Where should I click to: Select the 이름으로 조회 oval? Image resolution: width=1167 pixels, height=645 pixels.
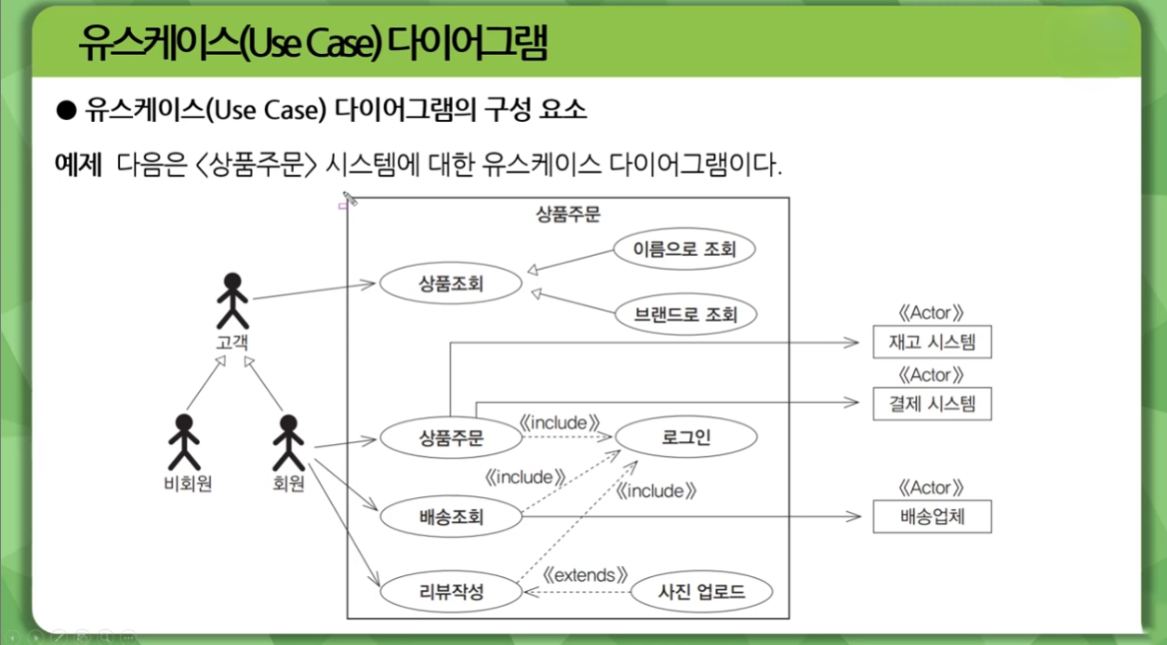click(x=684, y=249)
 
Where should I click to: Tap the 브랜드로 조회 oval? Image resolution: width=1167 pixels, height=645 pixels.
click(x=685, y=315)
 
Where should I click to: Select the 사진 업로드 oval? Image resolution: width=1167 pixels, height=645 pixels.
click(x=701, y=590)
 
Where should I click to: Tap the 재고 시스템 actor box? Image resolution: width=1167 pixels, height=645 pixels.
click(x=932, y=343)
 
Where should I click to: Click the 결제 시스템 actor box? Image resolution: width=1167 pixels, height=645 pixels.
click(x=932, y=404)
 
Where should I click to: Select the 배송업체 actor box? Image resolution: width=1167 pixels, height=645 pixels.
click(x=932, y=516)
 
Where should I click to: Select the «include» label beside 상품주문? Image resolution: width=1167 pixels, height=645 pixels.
click(x=558, y=423)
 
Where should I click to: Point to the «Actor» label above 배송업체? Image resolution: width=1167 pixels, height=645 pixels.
click(x=931, y=488)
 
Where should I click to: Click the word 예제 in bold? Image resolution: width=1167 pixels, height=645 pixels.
click(x=78, y=166)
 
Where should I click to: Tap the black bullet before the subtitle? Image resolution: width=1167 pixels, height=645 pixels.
click(x=65, y=111)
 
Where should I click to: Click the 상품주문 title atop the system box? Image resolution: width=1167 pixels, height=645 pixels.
click(x=567, y=214)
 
